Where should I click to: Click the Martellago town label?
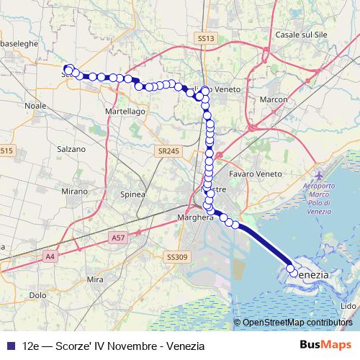click(x=125, y=112)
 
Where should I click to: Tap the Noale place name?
click(x=35, y=105)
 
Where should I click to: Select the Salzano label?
click(x=71, y=149)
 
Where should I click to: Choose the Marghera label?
click(x=195, y=216)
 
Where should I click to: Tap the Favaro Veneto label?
click(x=252, y=174)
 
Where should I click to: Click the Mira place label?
click(x=95, y=279)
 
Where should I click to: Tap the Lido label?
click(x=347, y=306)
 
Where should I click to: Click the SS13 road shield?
click(x=205, y=38)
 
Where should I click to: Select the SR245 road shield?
click(x=167, y=151)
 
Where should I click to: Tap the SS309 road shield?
click(x=176, y=256)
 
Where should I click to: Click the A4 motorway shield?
click(x=49, y=256)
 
